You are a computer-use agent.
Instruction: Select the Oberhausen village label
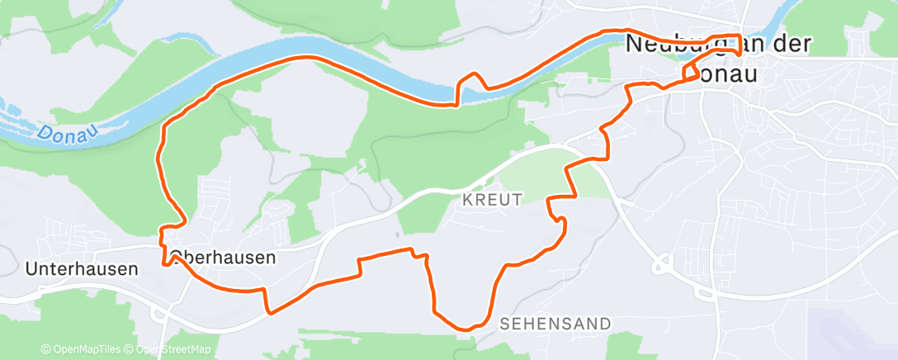click(223, 258)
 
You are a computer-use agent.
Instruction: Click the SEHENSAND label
click(555, 323)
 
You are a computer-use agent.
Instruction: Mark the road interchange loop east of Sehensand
click(662, 265)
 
